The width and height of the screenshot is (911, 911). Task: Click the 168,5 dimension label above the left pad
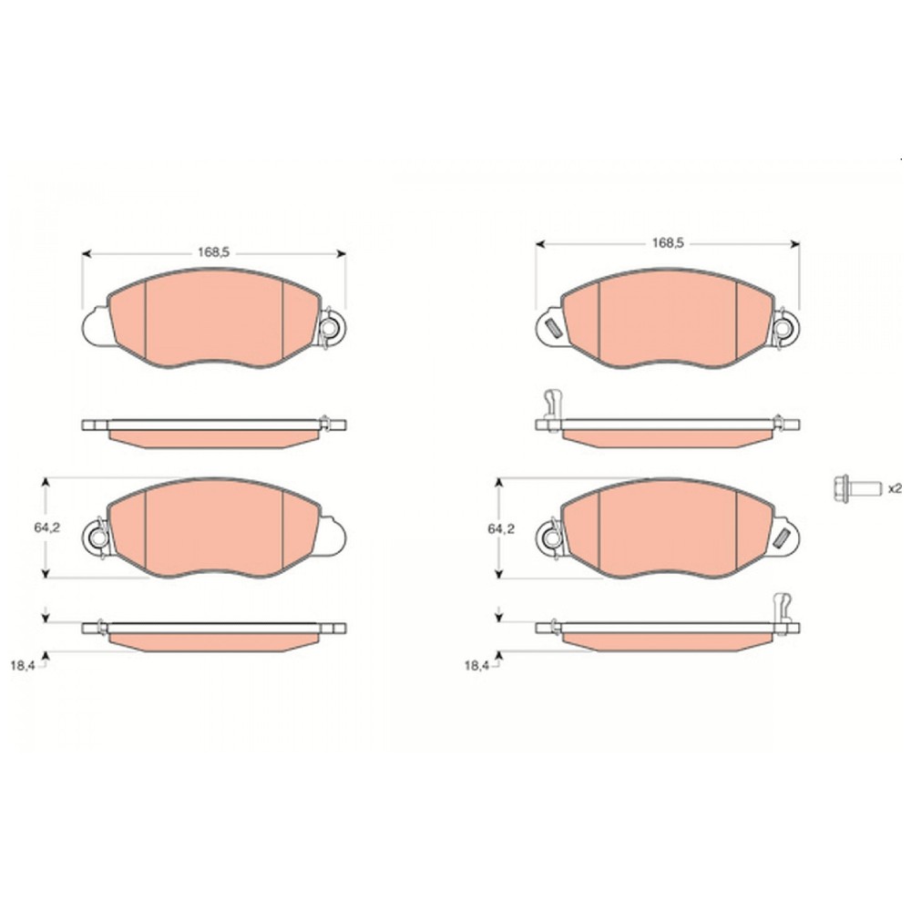(214, 252)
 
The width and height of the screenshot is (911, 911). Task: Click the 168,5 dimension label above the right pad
(668, 243)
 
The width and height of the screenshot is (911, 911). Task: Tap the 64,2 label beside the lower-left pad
(47, 527)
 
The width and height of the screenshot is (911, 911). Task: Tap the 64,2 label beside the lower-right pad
(501, 528)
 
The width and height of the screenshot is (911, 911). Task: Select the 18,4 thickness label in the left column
(23, 666)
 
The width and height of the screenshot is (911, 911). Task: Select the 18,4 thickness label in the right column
(476, 666)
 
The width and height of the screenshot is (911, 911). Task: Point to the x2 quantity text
(895, 488)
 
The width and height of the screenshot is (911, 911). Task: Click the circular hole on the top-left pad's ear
(332, 328)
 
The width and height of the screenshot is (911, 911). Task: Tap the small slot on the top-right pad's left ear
(553, 328)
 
